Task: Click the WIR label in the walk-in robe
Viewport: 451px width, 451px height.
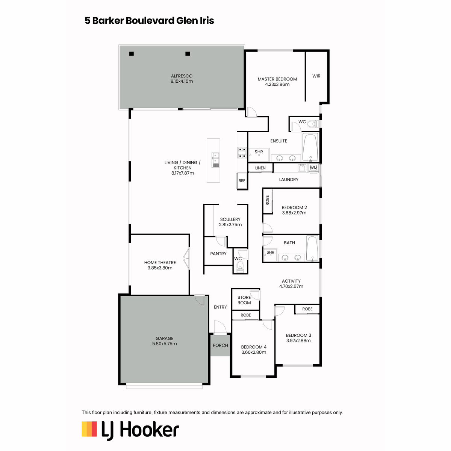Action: [316, 76]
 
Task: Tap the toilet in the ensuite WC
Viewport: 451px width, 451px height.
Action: [313, 124]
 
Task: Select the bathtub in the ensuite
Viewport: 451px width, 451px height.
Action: [310, 147]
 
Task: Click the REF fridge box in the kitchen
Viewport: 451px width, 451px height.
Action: [242, 180]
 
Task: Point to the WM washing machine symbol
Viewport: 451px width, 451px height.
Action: [313, 168]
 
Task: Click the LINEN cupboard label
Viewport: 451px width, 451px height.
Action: [260, 168]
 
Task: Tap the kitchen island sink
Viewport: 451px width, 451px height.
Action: [216, 160]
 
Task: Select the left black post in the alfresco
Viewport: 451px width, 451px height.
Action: [131, 54]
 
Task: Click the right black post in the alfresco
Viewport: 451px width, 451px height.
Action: [187, 54]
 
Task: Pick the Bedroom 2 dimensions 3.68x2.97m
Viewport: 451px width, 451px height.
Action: [294, 212]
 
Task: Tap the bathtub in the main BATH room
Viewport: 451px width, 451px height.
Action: [312, 248]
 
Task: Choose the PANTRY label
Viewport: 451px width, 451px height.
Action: [218, 254]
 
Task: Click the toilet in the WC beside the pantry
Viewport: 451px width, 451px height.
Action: [240, 266]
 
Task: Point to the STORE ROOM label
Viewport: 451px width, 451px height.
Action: [244, 300]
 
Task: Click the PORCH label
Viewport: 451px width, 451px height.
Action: [220, 345]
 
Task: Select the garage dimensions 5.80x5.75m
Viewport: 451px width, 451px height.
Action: [164, 344]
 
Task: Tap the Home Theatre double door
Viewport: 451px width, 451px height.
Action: [186, 258]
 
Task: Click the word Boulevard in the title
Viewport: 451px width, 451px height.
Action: [150, 21]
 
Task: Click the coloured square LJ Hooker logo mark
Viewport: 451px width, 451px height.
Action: [89, 429]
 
